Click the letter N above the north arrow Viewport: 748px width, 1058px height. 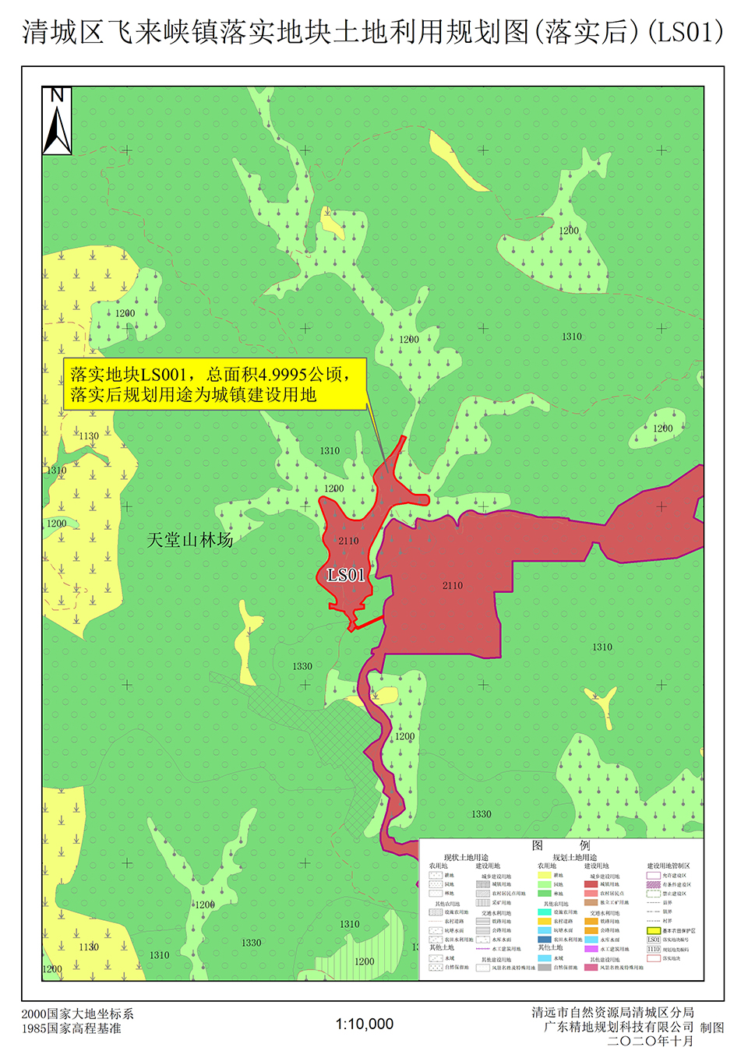tap(57, 95)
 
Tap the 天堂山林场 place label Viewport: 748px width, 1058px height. tap(190, 540)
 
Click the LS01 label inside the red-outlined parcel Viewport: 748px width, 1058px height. tap(346, 575)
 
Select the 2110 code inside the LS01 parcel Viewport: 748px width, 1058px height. tap(348, 541)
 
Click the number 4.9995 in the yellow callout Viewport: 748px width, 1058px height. tap(284, 375)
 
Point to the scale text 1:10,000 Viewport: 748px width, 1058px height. tap(365, 1024)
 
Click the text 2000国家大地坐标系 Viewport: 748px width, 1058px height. tap(78, 1014)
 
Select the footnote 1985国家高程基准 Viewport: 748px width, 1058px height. tap(72, 1028)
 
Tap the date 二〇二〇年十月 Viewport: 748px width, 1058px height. tap(651, 1041)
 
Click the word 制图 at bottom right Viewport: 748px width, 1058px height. tap(712, 1028)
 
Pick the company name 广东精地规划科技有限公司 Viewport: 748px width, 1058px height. tap(619, 1027)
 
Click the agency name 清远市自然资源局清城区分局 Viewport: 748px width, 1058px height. tap(612, 1012)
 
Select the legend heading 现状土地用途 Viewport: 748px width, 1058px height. tap(466, 858)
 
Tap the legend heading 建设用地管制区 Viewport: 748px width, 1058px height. tap(668, 866)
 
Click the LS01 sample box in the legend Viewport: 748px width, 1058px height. tap(654, 940)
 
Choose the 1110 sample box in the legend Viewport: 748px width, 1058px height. tap(654, 949)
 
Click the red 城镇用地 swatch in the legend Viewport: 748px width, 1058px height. tap(591, 884)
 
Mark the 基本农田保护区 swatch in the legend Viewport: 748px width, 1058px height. tap(654, 930)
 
